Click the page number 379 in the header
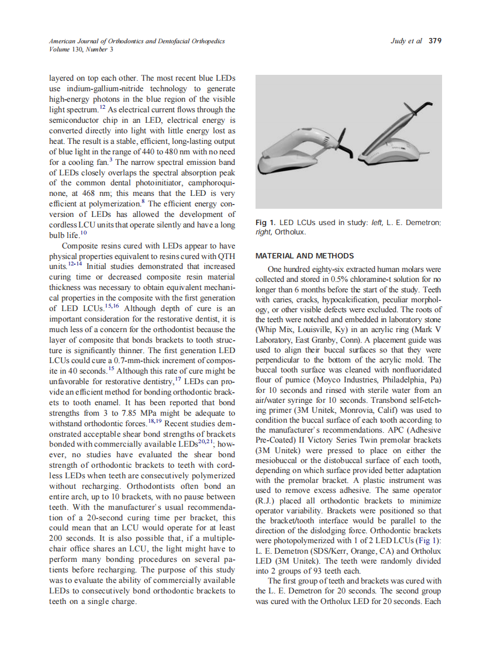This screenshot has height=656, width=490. tap(434, 41)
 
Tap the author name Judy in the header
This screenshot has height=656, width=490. tap(398, 41)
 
